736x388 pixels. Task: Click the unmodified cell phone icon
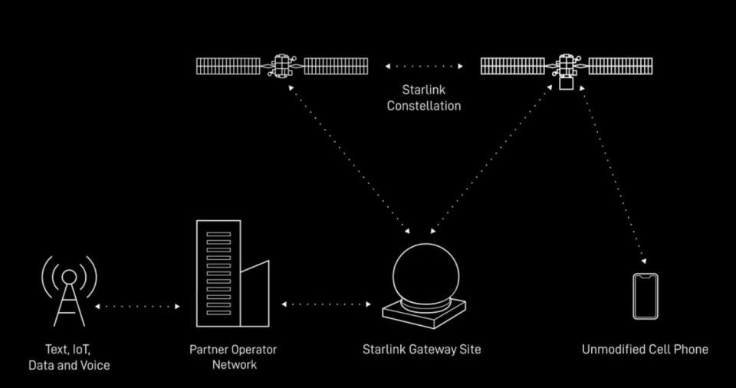click(645, 295)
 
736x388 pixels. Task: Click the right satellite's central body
click(567, 67)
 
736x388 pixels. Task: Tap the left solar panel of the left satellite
click(228, 66)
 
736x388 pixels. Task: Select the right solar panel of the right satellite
click(621, 66)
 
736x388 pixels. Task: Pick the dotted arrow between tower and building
click(137, 306)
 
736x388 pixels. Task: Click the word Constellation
click(424, 106)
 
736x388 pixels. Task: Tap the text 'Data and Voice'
click(69, 365)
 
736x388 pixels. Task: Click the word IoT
click(82, 349)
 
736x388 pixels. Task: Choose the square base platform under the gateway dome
click(425, 314)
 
